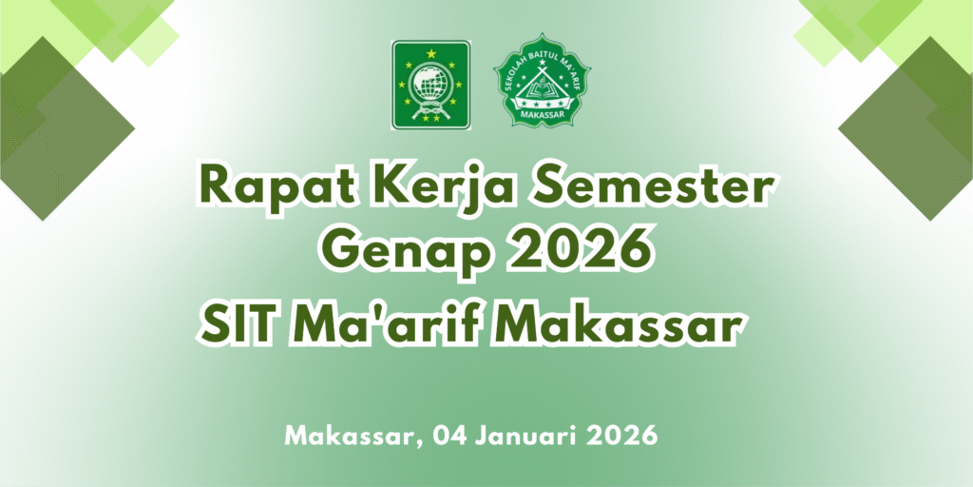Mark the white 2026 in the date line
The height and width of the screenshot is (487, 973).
click(621, 435)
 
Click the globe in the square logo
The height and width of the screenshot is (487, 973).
click(430, 85)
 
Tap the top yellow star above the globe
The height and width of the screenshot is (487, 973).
click(430, 53)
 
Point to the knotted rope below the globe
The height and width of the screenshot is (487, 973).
click(430, 114)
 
